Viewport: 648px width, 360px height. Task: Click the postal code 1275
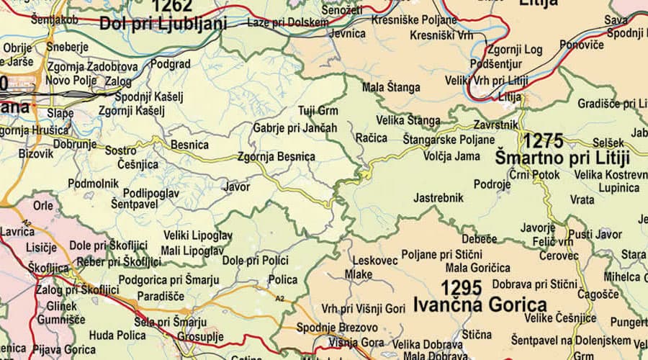point(553,140)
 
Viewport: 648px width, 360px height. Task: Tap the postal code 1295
point(461,288)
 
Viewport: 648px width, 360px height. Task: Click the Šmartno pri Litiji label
point(563,158)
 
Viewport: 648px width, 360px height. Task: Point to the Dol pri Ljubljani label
point(163,24)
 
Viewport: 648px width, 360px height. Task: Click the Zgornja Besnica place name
point(276,156)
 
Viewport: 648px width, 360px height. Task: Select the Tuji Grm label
point(318,111)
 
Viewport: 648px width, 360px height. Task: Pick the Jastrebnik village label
point(438,197)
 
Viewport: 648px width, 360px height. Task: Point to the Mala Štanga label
point(391,88)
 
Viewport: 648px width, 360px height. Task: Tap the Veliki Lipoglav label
point(198,235)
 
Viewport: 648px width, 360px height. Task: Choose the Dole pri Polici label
point(256,259)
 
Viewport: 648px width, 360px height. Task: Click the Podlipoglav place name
point(150,192)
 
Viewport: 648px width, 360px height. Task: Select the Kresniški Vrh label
point(441,35)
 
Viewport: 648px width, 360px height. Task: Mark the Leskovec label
point(375,261)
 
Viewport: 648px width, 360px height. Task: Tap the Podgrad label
point(171,64)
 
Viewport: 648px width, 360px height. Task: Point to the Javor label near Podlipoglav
point(237,187)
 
